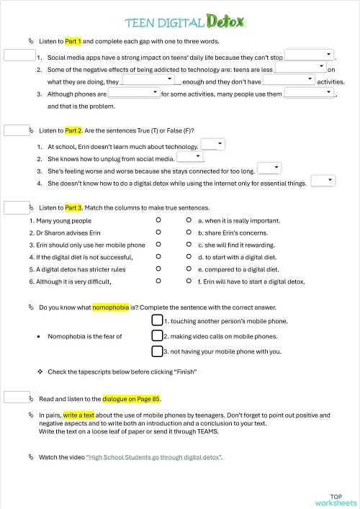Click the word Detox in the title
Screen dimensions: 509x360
[225, 22]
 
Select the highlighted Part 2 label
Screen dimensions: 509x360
[73, 130]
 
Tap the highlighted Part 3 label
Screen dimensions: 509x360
[73, 207]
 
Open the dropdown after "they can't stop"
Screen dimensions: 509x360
[310, 55]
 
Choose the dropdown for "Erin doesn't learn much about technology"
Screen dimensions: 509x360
[213, 145]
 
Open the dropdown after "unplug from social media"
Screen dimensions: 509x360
[190, 157]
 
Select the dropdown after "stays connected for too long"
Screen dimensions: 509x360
[269, 169]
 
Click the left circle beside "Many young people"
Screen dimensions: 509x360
[158, 220]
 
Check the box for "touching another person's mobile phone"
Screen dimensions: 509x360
[157, 320]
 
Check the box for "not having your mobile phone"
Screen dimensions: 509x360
[157, 351]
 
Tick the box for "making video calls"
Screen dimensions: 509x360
[157, 335]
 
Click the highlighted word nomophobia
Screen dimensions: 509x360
[111, 307]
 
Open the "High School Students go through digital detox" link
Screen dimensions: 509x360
[154, 457]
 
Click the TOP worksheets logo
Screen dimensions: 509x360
[336, 500]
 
